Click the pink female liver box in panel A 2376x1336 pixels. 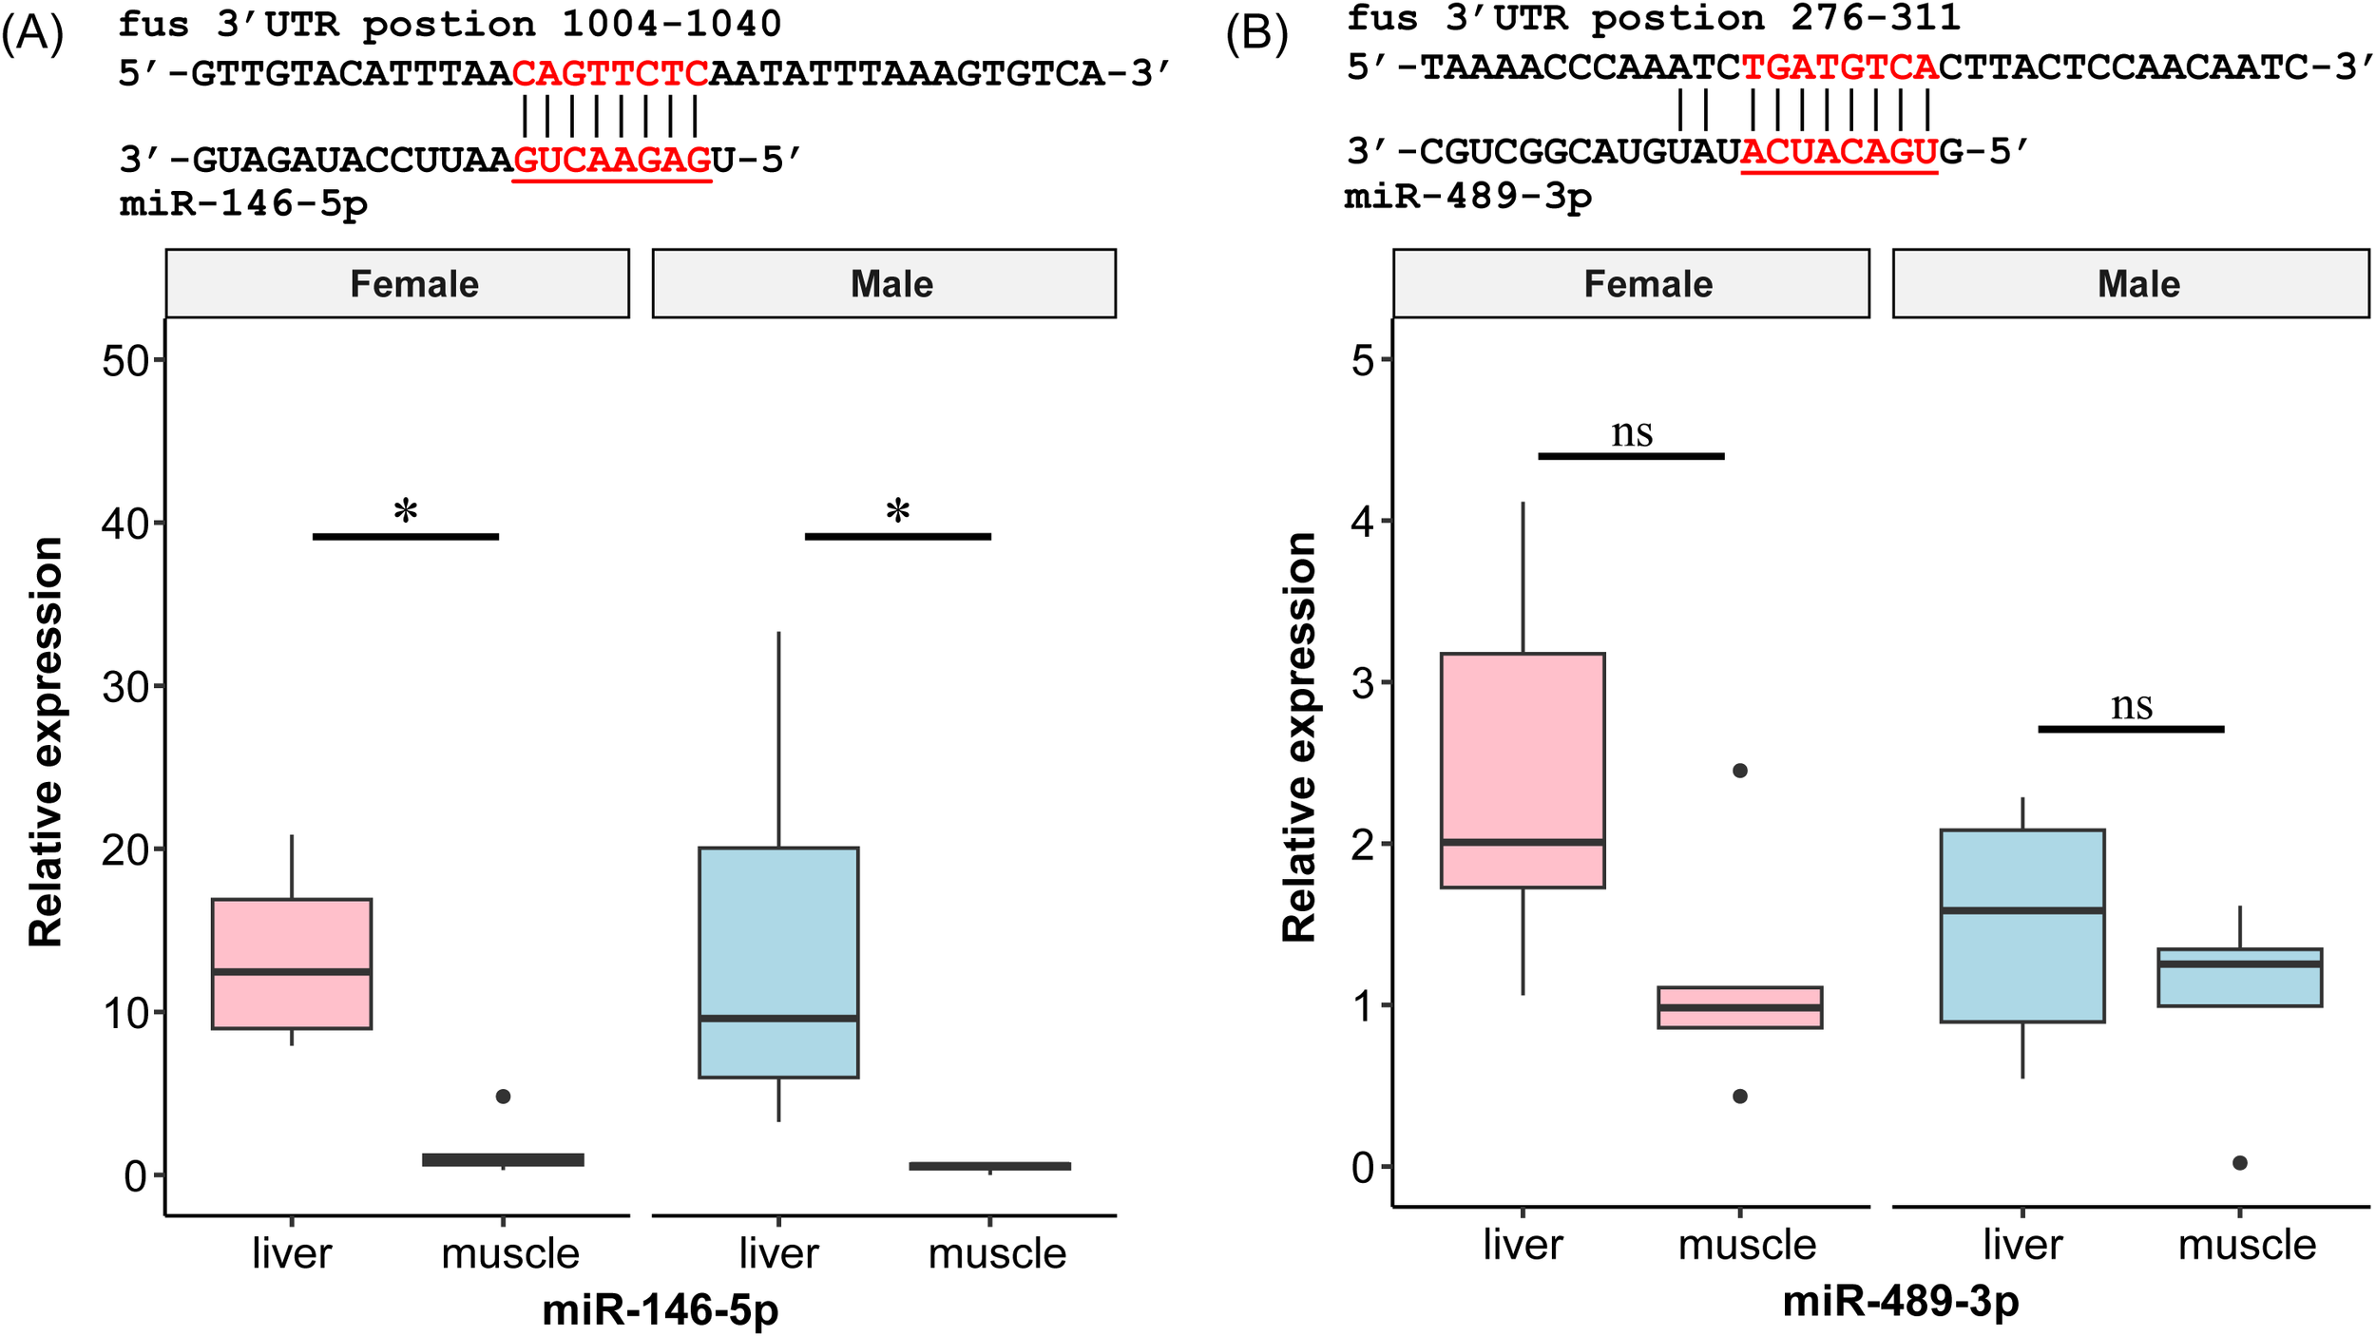point(292,963)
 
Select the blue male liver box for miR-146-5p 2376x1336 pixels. point(778,962)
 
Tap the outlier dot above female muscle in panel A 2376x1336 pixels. point(504,1096)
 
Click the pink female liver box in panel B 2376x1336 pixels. point(1523,770)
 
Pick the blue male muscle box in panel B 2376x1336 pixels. point(2240,977)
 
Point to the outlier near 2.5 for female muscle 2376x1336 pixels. point(1740,771)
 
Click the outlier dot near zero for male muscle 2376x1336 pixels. point(2240,1163)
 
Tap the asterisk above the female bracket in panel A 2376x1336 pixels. point(406,512)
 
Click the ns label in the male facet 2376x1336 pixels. point(2132,705)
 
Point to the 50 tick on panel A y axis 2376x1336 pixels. point(126,361)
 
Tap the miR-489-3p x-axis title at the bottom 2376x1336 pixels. point(1901,1300)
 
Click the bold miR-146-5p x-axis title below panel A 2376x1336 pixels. point(661,1309)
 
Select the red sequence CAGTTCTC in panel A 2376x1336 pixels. point(611,73)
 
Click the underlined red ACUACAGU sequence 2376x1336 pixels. point(1839,152)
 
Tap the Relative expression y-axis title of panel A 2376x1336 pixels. point(46,741)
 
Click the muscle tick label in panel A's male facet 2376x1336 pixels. point(997,1253)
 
